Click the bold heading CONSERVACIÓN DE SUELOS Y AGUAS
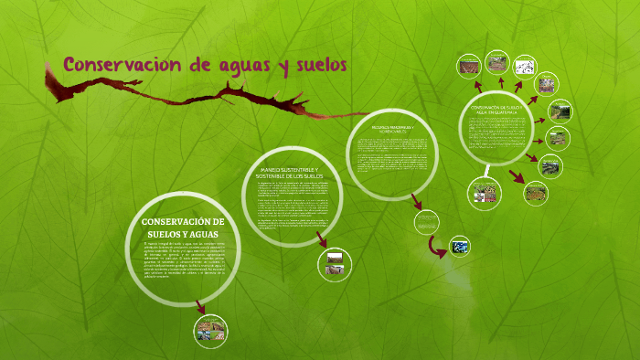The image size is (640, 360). click(184, 228)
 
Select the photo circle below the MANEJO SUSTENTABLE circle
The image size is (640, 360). click(334, 264)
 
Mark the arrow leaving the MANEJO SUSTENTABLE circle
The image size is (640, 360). click(320, 239)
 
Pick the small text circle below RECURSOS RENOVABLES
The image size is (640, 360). click(426, 222)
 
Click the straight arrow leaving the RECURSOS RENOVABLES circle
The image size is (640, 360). click(416, 199)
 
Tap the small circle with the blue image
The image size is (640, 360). click(461, 246)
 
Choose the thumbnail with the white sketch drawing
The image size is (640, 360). click(524, 66)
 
